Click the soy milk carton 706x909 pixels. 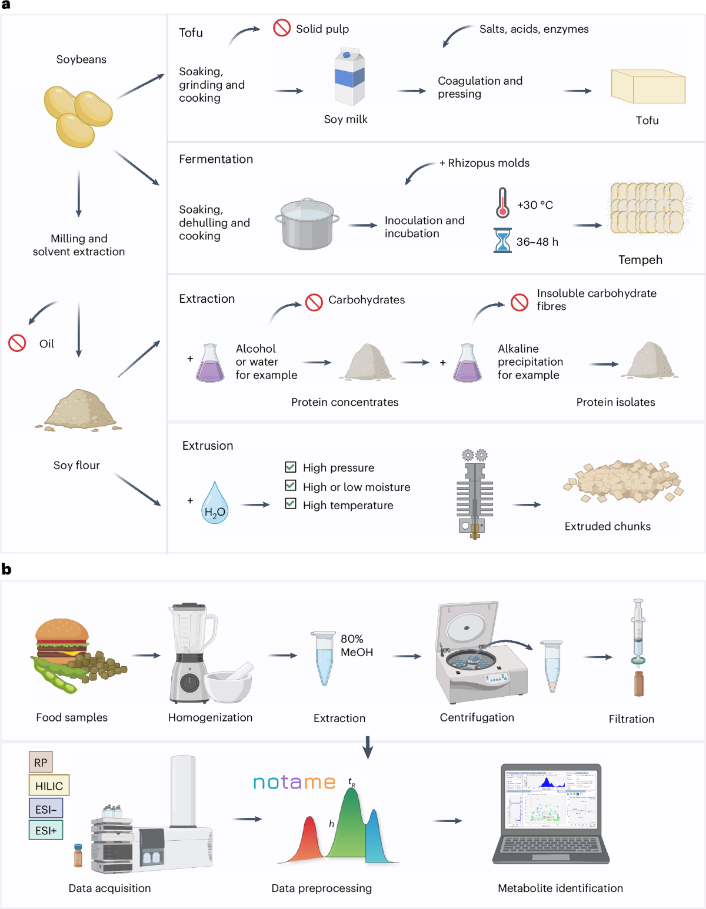(349, 78)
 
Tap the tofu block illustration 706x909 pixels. (648, 87)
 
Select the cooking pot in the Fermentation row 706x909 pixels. (307, 225)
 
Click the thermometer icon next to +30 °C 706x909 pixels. (502, 203)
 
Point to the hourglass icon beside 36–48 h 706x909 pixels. (502, 240)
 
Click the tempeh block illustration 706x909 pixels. (647, 208)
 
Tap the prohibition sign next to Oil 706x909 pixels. (17, 343)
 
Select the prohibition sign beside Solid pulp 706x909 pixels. (282, 28)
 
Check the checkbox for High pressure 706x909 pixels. (291, 467)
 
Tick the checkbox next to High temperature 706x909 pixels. (291, 504)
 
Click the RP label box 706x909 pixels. (41, 762)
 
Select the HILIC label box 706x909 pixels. (49, 786)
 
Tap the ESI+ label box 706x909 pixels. (46, 830)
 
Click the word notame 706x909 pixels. (294, 782)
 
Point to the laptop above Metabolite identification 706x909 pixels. (551, 814)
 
